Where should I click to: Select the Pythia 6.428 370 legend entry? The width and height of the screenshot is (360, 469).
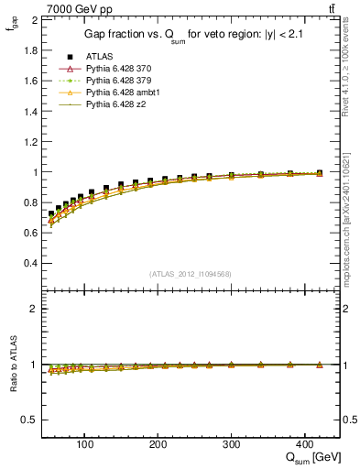(116, 69)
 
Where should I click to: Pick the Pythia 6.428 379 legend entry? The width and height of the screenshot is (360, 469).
(116, 81)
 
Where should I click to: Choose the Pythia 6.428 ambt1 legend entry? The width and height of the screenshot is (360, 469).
(119, 93)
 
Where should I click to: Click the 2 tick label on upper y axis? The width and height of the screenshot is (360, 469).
(34, 19)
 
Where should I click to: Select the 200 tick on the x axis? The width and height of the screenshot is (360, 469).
(158, 444)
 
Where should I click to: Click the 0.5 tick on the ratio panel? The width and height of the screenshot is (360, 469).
(29, 420)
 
